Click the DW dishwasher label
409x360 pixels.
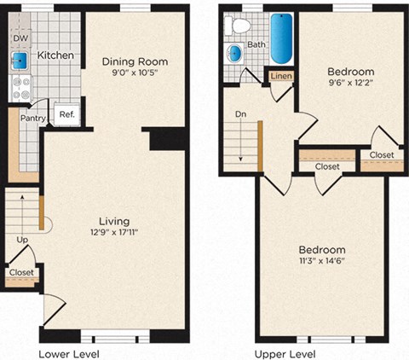pos(19,38)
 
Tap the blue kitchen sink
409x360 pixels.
pos(19,60)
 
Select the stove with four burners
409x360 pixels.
pos(20,86)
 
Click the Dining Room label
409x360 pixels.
pos(135,61)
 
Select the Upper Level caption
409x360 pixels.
pos(282,352)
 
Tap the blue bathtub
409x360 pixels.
pos(282,39)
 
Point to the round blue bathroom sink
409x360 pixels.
pos(235,54)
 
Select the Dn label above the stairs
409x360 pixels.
pos(242,113)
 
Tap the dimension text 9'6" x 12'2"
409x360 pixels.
pos(352,84)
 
